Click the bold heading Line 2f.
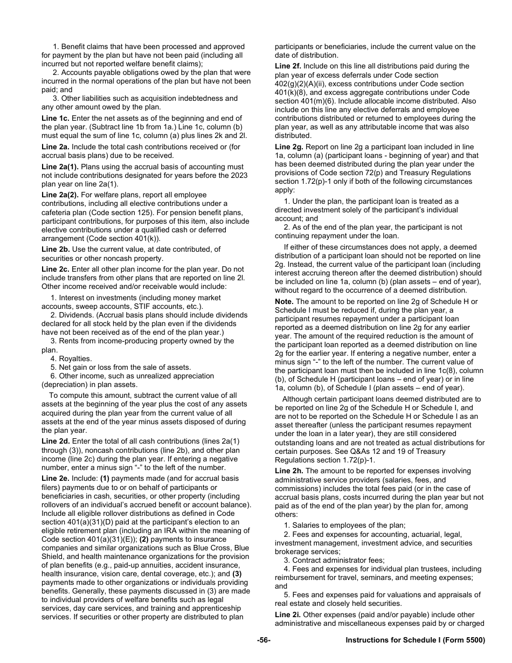pos(288,66)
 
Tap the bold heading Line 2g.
pos(289,147)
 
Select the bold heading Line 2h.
pos(289,471)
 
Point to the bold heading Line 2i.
pos(288,615)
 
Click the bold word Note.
pos(284,301)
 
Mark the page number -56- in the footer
pos(264,640)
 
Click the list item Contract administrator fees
pos(335,560)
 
